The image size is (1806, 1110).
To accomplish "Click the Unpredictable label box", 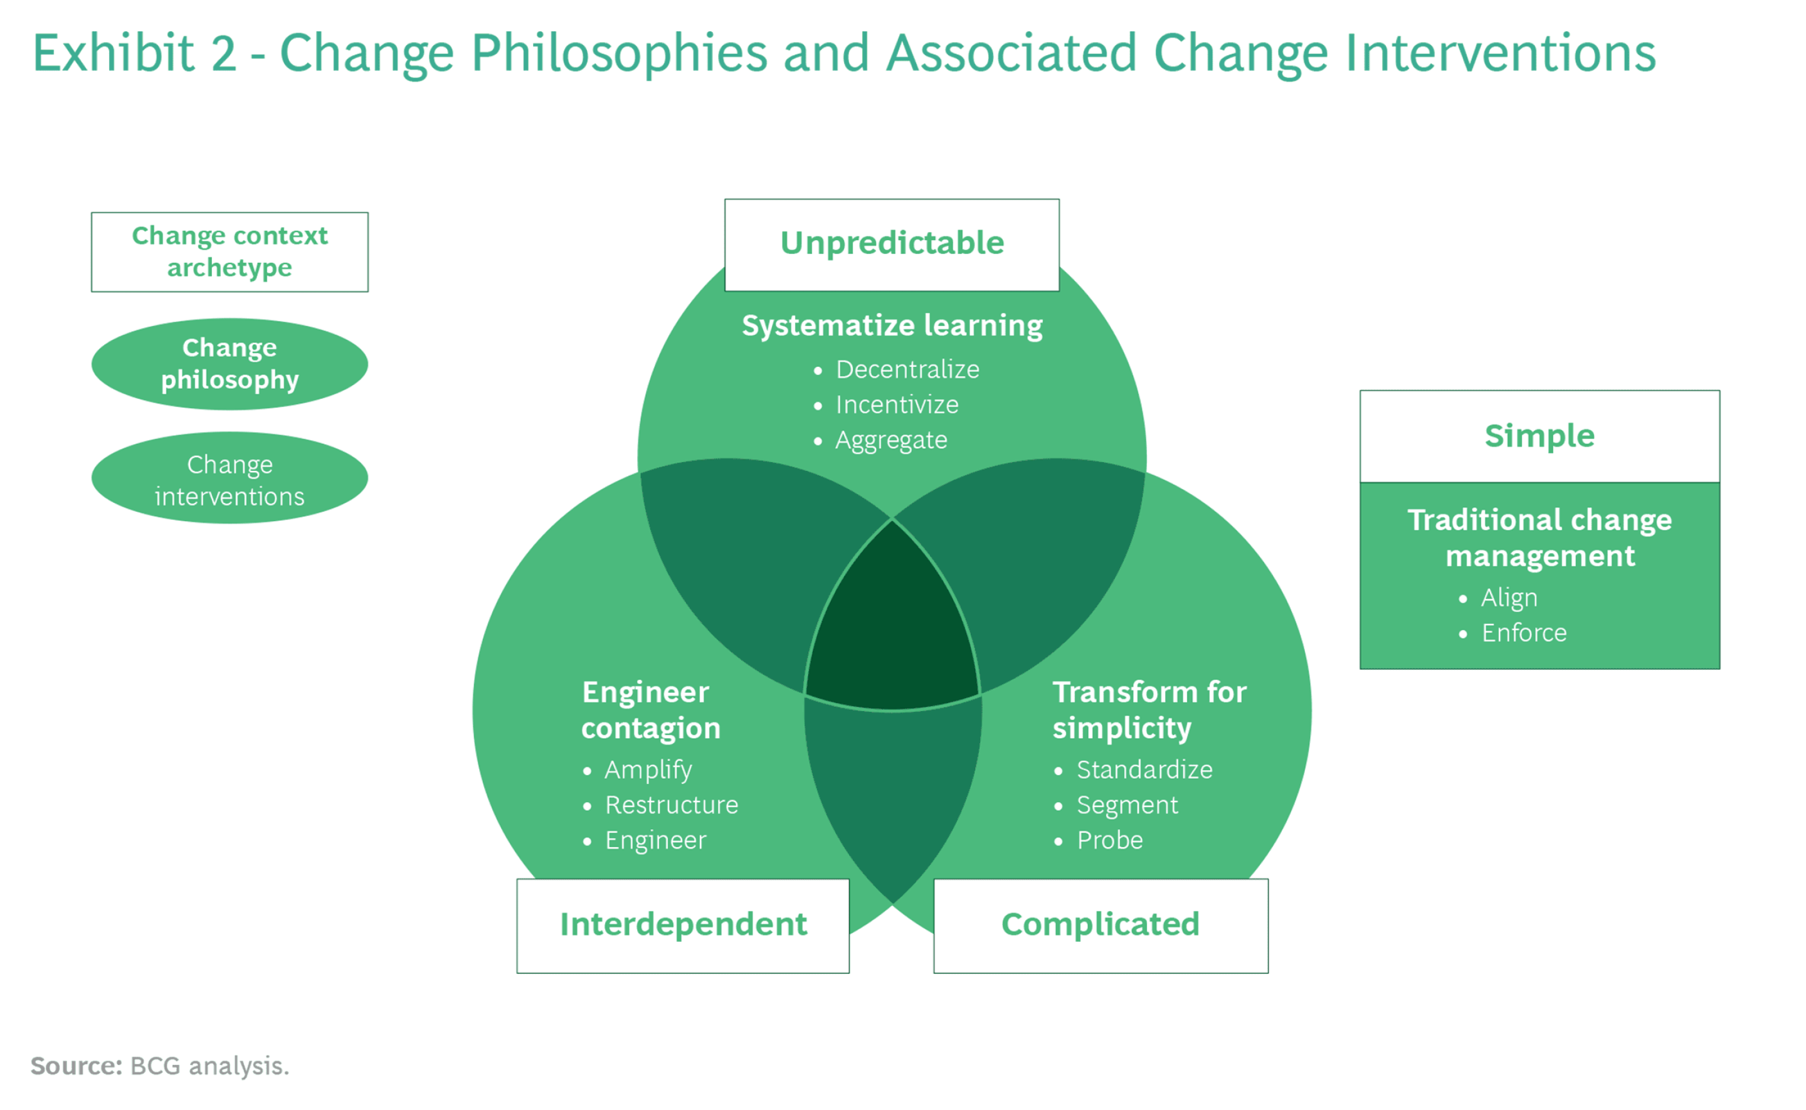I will click(892, 245).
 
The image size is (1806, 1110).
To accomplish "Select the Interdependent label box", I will click(682, 925).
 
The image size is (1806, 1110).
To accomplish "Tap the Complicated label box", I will click(1100, 925).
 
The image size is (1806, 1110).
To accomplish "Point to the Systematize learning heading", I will click(892, 325).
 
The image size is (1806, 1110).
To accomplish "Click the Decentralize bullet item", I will click(907, 369).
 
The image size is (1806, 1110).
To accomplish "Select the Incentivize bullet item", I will click(896, 404).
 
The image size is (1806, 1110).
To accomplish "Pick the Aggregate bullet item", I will click(891, 440).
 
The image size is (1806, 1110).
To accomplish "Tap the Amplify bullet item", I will click(648, 769).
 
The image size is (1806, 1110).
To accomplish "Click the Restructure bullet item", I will click(671, 805).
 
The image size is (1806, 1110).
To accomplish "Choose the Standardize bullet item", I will click(1144, 769).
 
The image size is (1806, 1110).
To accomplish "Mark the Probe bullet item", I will click(1109, 840).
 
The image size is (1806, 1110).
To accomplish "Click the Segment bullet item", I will click(1126, 805).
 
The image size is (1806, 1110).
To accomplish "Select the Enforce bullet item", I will click(1523, 633).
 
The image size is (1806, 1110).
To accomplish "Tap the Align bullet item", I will click(1508, 598).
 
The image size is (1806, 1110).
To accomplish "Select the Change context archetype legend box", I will click(230, 252).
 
